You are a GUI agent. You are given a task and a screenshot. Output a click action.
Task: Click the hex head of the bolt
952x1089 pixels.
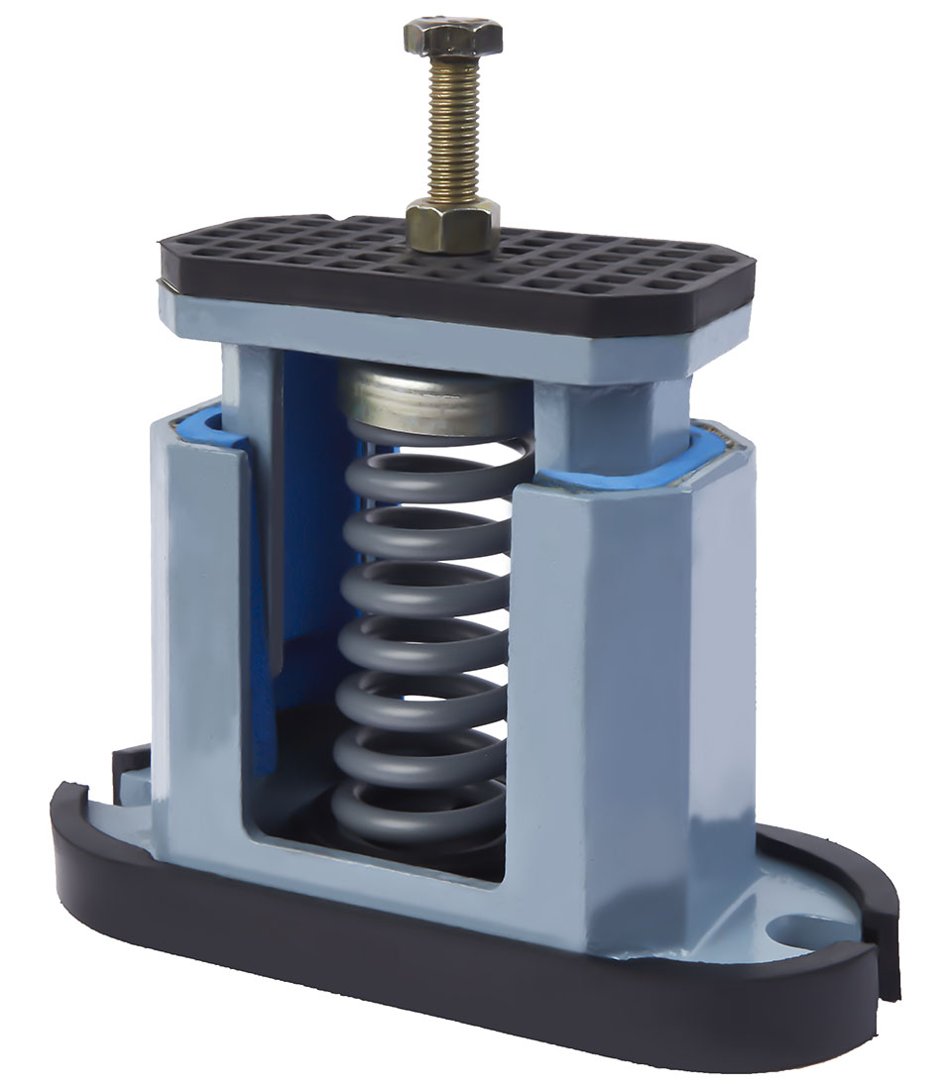pos(452,38)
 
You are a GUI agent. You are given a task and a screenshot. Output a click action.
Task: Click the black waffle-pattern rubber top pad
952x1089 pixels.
pos(595,263)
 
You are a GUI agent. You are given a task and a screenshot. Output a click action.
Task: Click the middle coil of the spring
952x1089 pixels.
pos(421,644)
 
